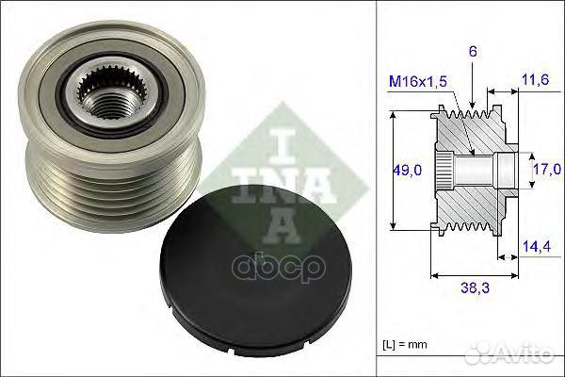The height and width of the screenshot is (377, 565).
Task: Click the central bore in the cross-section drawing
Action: [x=471, y=172]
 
